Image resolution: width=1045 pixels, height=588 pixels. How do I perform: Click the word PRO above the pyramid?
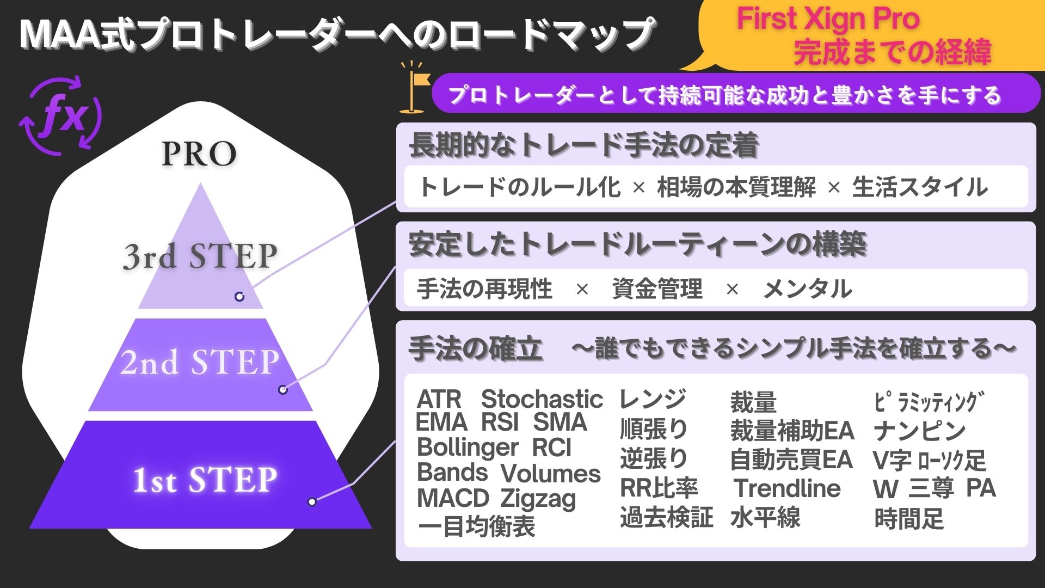199,154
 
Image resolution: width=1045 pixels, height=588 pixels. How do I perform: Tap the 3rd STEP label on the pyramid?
200,256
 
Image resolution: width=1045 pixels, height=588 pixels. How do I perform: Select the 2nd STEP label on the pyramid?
200,362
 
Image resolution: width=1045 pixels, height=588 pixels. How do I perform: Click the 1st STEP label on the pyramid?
205,480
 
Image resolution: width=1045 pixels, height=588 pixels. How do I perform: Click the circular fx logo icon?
60,115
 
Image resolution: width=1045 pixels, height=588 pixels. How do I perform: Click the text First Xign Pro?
828,19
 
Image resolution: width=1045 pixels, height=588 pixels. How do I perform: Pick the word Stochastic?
542,399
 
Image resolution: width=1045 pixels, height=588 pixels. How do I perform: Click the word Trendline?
787,488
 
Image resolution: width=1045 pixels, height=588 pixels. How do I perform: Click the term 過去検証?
666,517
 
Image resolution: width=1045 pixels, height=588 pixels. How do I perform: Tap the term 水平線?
765,517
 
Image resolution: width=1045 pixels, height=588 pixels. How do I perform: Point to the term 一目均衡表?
476,526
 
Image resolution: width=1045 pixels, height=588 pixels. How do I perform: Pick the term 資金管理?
657,289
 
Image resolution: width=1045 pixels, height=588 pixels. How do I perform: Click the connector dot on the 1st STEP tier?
312,501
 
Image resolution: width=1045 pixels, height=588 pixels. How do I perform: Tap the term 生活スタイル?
920,187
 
